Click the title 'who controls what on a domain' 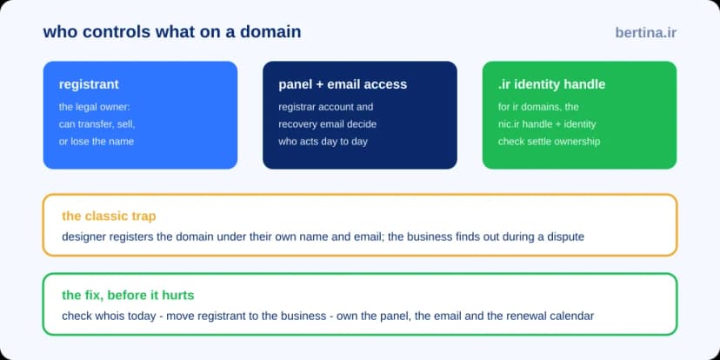click(172, 32)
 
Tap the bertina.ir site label click(645, 33)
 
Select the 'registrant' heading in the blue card click(89, 84)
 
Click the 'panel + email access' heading click(343, 84)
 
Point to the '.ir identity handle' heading click(551, 84)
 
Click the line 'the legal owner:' click(95, 107)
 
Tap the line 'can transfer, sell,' click(97, 124)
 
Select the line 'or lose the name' click(97, 142)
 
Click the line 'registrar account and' click(325, 107)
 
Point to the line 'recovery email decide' click(328, 124)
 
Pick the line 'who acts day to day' click(323, 142)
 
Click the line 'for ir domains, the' click(538, 107)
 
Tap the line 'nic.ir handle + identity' click(547, 124)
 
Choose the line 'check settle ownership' click(549, 142)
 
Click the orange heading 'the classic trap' click(109, 216)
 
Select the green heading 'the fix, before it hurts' click(128, 296)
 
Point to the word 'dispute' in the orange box click(568, 237)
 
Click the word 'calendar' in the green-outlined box click(574, 317)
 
